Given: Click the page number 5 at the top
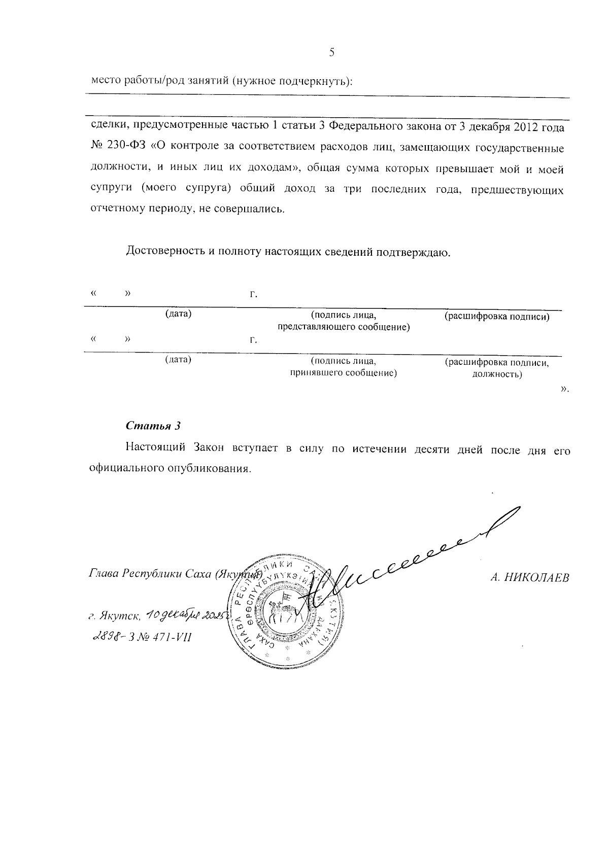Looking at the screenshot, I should pos(332,52).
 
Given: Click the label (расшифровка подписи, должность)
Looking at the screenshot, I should pos(497,369).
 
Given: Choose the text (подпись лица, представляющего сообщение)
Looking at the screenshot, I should pos(343,321).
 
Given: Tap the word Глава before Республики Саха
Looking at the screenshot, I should pos(104,575).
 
